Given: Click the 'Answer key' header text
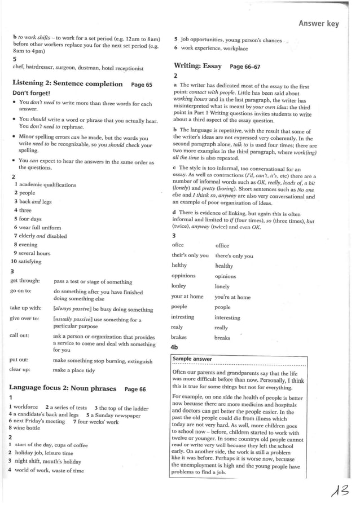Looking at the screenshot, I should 318,23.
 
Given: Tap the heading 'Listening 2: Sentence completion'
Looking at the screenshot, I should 68,84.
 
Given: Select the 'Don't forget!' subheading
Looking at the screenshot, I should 32,93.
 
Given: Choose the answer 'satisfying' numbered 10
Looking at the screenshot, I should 29,262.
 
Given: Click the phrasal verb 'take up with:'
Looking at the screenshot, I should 25,308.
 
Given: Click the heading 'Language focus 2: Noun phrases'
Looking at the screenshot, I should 63,388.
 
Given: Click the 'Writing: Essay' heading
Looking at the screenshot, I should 197,66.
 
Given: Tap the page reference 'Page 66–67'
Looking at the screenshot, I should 245,67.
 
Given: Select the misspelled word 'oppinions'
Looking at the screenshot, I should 183,276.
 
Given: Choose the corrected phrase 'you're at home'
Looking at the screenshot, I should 232,297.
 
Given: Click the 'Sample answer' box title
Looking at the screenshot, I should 192,359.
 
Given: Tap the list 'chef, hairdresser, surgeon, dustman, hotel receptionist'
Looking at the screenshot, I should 78,68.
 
